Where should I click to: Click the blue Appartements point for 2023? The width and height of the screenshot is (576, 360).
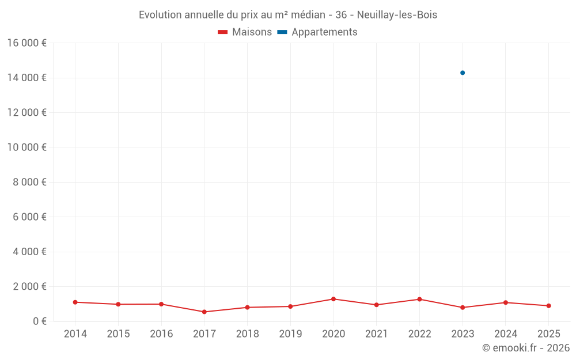pos(463,73)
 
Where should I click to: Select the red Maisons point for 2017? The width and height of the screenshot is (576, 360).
pos(204,312)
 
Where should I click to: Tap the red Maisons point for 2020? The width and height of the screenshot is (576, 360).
pos(334,299)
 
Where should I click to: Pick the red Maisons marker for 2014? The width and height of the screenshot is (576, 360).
pos(75,302)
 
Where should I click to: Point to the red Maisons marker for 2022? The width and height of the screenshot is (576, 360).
pos(419,299)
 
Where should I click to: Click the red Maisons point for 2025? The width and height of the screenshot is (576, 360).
pos(548,306)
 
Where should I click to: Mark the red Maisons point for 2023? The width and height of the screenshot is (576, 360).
pos(463,308)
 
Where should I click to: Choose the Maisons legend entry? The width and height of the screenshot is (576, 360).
pos(245,32)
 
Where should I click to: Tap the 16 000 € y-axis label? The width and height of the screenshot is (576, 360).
pos(26,43)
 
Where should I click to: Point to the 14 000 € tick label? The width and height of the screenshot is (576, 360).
pos(26,78)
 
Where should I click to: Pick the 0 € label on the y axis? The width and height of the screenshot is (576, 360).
pos(40,321)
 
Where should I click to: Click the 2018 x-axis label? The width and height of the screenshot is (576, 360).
pos(248,334)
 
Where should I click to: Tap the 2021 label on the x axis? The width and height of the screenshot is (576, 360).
pos(377,334)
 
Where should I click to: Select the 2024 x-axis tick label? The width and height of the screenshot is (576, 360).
pos(506,334)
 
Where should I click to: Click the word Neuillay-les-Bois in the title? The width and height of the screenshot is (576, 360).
pos(397,15)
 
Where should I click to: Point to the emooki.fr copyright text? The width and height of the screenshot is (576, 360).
pos(526,348)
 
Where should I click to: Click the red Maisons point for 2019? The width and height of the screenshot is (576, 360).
pos(290,306)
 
